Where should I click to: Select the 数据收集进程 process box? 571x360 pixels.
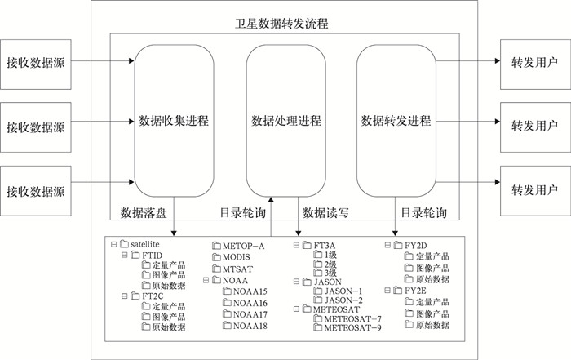(175, 122)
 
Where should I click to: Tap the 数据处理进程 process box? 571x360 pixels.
(286, 122)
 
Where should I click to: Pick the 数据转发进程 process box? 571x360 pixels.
(397, 122)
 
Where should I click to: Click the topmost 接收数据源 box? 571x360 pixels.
(35, 61)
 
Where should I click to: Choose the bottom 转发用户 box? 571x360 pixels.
(534, 190)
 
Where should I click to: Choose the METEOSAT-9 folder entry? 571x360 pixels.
(353, 329)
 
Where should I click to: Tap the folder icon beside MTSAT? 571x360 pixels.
(216, 269)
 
